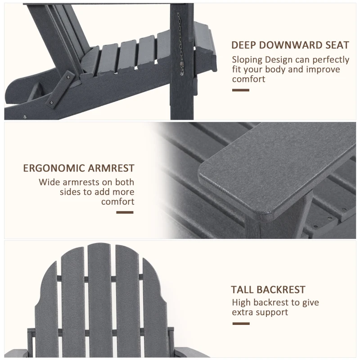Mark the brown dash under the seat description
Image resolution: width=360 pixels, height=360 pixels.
[x=240, y=90]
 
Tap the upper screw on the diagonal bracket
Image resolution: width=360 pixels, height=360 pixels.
[x=68, y=78]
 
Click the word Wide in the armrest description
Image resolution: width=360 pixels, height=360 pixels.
[x=49, y=182]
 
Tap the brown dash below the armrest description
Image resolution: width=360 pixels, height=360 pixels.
[x=126, y=212]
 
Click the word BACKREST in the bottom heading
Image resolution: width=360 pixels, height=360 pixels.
[x=283, y=290]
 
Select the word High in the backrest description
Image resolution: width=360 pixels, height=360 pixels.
[x=242, y=303]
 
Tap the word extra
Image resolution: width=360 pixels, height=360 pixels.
[x=243, y=312]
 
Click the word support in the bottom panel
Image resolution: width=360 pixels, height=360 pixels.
[x=273, y=313]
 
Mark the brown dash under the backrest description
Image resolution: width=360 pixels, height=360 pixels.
[x=240, y=323]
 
